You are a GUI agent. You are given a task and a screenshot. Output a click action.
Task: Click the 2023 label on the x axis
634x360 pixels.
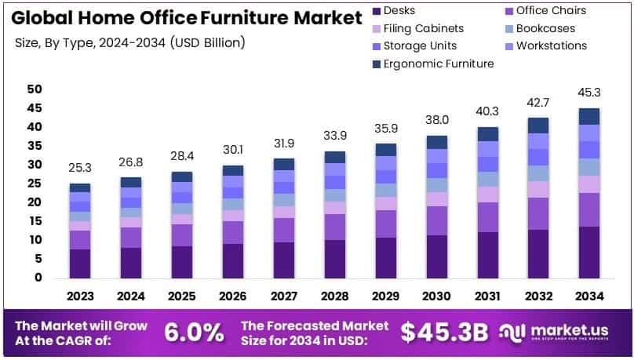point(80,296)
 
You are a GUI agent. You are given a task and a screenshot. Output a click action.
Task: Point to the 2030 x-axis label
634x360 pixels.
point(437,296)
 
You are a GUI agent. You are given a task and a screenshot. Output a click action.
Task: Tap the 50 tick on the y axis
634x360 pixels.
point(34,89)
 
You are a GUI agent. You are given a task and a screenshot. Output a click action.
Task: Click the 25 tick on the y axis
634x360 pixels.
point(34,184)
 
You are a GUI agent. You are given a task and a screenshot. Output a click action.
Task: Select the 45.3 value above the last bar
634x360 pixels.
point(590,93)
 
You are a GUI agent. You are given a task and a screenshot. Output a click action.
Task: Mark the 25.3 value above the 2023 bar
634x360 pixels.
point(80,168)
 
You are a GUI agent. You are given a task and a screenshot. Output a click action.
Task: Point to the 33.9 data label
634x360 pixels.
point(335,136)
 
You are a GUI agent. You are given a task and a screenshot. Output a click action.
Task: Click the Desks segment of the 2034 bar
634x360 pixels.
point(590,252)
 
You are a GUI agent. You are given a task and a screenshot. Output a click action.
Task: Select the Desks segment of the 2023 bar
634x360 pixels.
point(80,264)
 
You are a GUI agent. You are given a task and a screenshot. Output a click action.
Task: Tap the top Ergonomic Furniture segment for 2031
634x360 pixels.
point(488,134)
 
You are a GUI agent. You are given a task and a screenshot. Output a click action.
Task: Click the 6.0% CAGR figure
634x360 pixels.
point(194,333)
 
